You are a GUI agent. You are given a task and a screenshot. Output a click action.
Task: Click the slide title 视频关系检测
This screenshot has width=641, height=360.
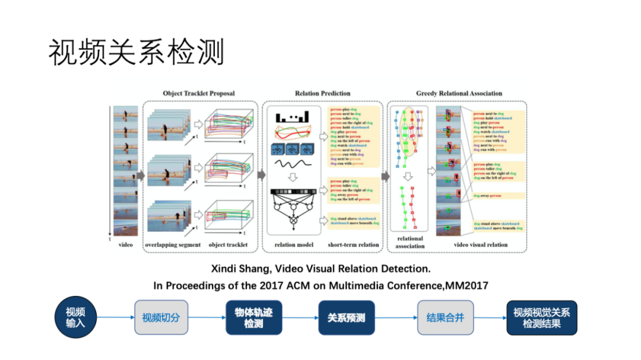(137, 53)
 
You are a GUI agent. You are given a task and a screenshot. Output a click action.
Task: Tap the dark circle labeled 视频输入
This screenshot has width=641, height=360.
(75, 317)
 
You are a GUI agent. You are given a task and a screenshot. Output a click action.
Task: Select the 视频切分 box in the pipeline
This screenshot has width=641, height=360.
(160, 317)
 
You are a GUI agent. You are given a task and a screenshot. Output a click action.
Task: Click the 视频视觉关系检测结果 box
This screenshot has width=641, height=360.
(541, 317)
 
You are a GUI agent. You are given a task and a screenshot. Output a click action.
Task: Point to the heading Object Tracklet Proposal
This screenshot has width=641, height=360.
(199, 93)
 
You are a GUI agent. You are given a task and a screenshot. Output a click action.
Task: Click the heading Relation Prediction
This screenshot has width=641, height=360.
(322, 93)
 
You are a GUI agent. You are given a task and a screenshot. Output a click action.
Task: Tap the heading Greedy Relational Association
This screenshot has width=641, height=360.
(459, 93)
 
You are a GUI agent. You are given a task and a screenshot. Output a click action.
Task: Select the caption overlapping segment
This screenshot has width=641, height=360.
(173, 245)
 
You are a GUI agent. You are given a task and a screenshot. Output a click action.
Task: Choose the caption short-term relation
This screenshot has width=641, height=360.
(353, 245)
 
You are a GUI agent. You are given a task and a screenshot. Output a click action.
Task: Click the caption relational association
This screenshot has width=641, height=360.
(410, 242)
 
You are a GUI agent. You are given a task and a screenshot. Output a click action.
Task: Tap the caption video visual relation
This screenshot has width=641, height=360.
(480, 245)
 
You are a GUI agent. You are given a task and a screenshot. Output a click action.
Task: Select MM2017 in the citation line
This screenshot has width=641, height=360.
(467, 286)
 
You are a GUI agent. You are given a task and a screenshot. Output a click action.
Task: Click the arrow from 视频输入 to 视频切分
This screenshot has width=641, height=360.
(115, 317)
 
